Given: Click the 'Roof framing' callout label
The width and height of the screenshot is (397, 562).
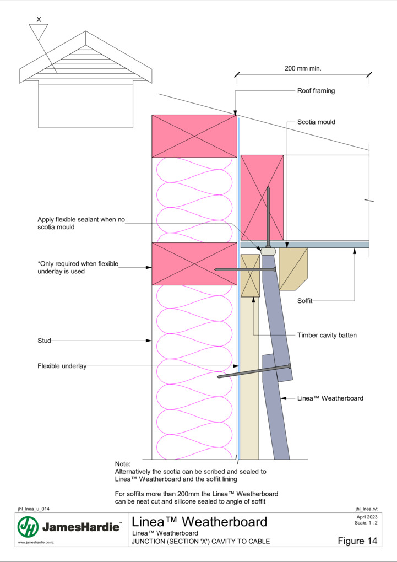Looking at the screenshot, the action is pyautogui.click(x=316, y=91).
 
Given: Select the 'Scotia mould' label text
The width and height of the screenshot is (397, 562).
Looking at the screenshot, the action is pyautogui.click(x=316, y=122).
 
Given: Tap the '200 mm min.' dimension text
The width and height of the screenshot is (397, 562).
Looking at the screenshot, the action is pyautogui.click(x=303, y=68).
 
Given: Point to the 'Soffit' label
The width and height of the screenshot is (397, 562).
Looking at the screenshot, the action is pyautogui.click(x=305, y=301).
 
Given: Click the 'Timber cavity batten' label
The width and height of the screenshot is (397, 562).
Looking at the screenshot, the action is pyautogui.click(x=327, y=336).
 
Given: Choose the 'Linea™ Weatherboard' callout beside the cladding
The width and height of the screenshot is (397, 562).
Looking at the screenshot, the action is pyautogui.click(x=330, y=398).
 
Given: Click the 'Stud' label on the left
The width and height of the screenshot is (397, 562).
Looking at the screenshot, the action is pyautogui.click(x=44, y=341).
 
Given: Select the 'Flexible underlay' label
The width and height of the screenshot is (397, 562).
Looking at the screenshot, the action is pyautogui.click(x=62, y=366).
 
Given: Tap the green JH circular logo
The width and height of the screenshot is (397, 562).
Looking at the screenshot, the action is pyautogui.click(x=28, y=527).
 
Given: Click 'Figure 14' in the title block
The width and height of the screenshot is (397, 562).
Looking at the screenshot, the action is pyautogui.click(x=357, y=541).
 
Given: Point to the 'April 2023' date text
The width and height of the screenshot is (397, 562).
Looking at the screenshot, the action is pyautogui.click(x=367, y=517).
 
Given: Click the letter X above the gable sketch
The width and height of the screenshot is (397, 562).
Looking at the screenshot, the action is pyautogui.click(x=39, y=19).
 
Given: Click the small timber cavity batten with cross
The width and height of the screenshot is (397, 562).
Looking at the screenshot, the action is pyautogui.click(x=250, y=275).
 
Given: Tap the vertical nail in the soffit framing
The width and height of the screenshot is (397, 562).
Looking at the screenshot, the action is pyautogui.click(x=268, y=217).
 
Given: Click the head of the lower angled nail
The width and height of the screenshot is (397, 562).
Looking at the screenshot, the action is pyautogui.click(x=289, y=366).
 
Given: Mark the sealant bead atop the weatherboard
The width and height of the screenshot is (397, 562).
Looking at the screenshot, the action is pyautogui.click(x=268, y=251).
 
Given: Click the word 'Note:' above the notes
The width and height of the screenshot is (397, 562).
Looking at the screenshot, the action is pyautogui.click(x=123, y=464).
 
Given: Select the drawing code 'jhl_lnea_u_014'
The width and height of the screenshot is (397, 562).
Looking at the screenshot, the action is pyautogui.click(x=34, y=509).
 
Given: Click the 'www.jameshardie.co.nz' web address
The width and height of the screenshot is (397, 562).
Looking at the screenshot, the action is pyautogui.click(x=36, y=542).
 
